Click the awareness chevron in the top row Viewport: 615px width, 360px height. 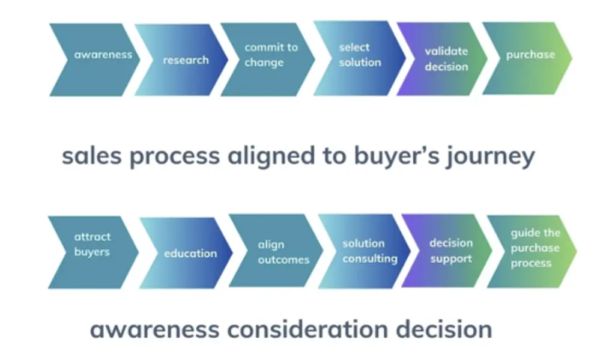coord(96,59)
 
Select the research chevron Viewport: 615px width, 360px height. coord(183,59)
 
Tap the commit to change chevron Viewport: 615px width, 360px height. coord(268,59)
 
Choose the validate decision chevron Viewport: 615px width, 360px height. coord(443,59)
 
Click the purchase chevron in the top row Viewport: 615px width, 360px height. coord(528,58)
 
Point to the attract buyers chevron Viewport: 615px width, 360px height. coord(94,252)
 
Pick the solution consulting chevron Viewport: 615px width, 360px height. coord(365,251)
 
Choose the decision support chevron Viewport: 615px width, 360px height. coord(447,251)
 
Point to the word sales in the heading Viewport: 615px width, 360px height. coord(92,156)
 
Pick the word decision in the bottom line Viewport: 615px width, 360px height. coord(444,329)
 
